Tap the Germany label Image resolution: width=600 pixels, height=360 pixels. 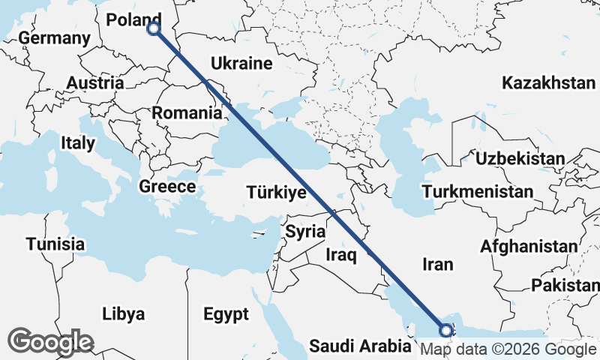tap(54, 38)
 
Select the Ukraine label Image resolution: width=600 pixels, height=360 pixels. tap(241, 63)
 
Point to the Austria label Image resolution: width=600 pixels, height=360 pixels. tap(94, 82)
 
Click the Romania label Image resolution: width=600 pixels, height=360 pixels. tap(187, 113)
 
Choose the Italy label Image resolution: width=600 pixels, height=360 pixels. tap(78, 142)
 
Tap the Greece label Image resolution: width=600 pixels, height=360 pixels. tap(168, 187)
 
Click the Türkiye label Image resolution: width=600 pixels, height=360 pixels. tap(276, 193)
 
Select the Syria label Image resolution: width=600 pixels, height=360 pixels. tap(304, 231)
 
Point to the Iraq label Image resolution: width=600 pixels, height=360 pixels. tap(340, 255)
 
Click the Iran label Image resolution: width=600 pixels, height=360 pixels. tap(438, 264)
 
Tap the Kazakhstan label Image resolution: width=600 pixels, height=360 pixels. tap(548, 82)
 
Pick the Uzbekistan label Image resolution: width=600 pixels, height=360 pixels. tap(519, 158)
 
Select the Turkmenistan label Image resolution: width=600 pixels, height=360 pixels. tap(477, 192)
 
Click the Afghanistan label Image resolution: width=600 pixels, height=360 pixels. tap(529, 246)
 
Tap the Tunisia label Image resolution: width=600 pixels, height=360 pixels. tap(55, 244)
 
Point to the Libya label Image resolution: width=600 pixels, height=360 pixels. tap(124, 314)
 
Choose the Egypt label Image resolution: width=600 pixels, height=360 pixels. tap(225, 314)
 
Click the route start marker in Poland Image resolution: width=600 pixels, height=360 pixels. tap(154, 28)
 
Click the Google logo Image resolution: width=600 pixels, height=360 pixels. tap(51, 341)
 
